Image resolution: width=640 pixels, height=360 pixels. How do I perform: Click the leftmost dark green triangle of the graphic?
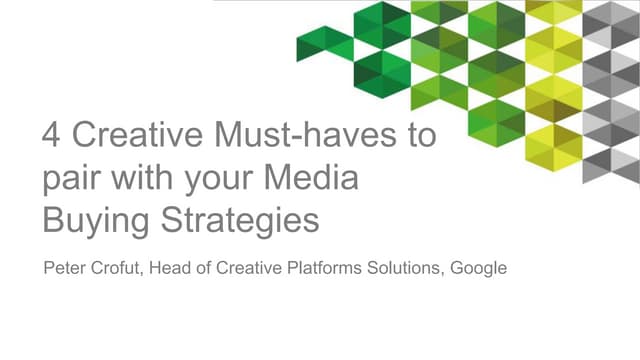(312, 44)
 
